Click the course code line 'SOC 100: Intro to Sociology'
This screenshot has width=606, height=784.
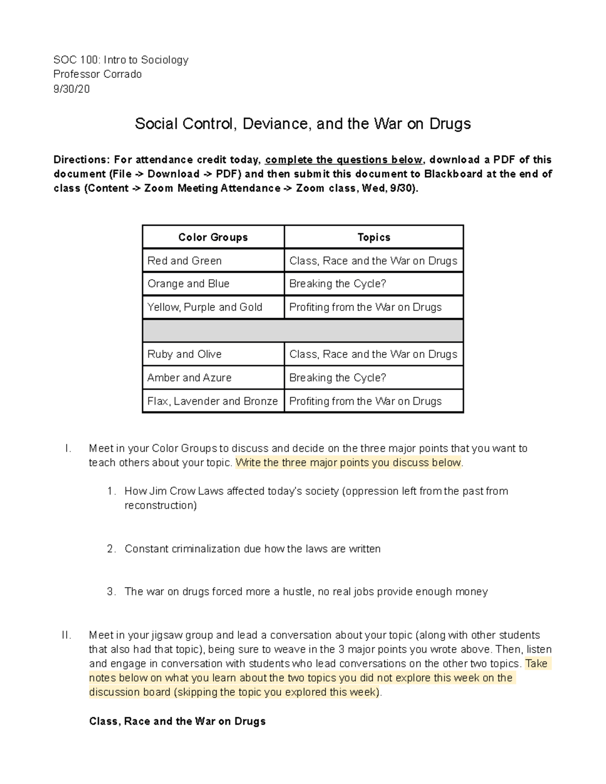click(121, 60)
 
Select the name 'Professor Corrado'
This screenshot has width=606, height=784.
click(97, 74)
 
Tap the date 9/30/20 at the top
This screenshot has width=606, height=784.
click(71, 89)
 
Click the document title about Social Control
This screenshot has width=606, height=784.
click(302, 124)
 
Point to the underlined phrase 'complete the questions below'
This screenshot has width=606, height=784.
click(343, 160)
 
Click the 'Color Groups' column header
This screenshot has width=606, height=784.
click(213, 237)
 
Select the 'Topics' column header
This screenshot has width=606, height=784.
click(374, 237)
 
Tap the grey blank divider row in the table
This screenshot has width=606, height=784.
click(302, 331)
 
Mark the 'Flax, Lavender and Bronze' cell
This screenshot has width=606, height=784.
click(213, 401)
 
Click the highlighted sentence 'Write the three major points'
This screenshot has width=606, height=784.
click(348, 463)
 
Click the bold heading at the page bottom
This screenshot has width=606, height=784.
click(177, 721)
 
